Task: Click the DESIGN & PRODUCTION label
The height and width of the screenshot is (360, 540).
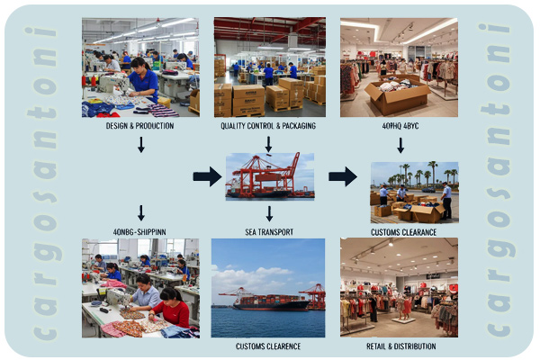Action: pos(139,126)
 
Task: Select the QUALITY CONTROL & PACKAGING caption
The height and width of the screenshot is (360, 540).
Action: pos(268,126)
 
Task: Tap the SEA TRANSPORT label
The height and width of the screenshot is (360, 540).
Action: pos(268,232)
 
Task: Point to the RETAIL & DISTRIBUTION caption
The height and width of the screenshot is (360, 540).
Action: pos(401,346)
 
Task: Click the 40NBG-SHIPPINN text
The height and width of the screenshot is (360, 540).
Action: pos(139,232)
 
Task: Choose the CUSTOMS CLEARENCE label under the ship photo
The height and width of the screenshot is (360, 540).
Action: pos(268,346)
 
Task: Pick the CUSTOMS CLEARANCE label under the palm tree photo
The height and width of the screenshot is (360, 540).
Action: pos(403,232)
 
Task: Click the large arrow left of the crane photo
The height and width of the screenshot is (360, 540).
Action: pos(207,176)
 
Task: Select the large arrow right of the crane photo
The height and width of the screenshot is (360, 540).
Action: pos(342,176)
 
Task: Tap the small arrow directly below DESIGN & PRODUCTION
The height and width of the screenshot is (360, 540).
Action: pos(141,144)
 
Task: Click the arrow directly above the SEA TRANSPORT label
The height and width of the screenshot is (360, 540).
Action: pos(268,213)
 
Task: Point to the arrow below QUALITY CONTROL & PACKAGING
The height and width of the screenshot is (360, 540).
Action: pos(268,144)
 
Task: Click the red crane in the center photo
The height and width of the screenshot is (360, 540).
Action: pos(274,171)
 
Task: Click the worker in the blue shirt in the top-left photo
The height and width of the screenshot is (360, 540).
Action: pos(144,83)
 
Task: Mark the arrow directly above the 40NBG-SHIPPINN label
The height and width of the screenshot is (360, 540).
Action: pos(141,213)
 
